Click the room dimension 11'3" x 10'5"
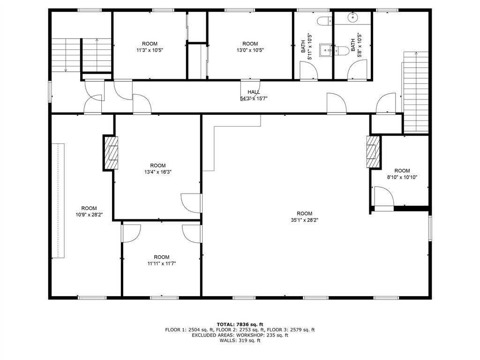pos(150,50)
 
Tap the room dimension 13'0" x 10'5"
pos(250,50)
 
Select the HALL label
pos(254,92)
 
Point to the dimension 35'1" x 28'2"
pos(305,220)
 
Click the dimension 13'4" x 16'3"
pos(158,172)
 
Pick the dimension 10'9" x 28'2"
pos(89,215)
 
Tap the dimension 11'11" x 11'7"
pos(162,263)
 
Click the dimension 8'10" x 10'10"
pos(402,177)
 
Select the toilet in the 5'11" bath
pos(324,21)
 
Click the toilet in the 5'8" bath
pos(341,51)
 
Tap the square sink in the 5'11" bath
pos(325,50)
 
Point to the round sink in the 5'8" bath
pos(353,16)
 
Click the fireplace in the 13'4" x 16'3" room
pos(111,153)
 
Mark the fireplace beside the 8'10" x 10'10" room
pos(373,151)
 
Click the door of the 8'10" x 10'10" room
pos(384,198)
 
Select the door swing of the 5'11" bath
pos(308,70)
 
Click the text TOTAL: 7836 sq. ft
pos(240,324)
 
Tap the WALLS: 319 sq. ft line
pos(240,340)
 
